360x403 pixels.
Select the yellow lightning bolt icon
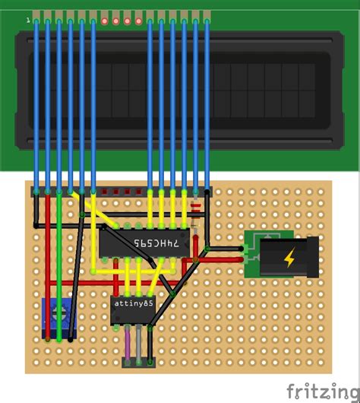[x=290, y=259]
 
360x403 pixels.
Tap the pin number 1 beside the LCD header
[x=28, y=20]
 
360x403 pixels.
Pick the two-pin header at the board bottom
[x=132, y=360]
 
